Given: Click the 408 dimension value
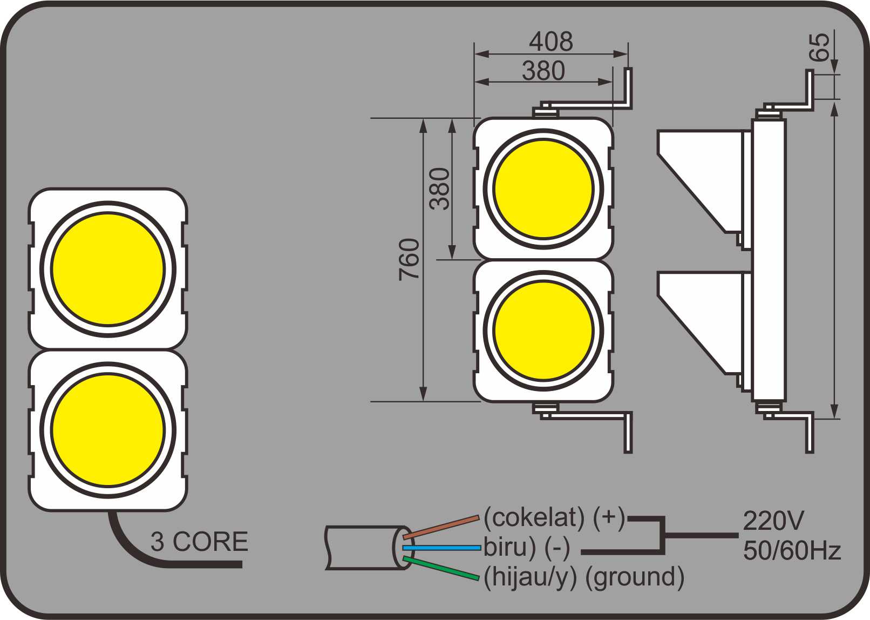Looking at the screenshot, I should (x=550, y=42).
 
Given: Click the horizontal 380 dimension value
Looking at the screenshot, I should (x=543, y=71).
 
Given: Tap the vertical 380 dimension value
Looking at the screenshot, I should (x=440, y=188).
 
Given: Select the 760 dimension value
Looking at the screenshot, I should (x=410, y=259).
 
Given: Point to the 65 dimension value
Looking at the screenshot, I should (x=819, y=47).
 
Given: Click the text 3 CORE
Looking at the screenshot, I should (x=199, y=542).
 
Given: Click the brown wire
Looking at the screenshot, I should (x=441, y=527).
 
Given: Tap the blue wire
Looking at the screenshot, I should (x=441, y=548).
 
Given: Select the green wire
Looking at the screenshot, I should (x=441, y=569).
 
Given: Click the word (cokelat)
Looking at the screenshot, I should (x=534, y=517).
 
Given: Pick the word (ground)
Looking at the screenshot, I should (x=635, y=577).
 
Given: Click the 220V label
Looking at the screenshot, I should (x=773, y=521).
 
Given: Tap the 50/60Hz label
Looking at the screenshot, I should (x=792, y=551).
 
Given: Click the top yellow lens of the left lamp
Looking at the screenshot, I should (x=108, y=269).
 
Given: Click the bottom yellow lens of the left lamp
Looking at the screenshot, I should (x=108, y=430).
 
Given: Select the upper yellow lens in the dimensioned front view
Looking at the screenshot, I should (x=543, y=188).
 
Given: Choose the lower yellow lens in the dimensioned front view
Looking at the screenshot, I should (x=543, y=331).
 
